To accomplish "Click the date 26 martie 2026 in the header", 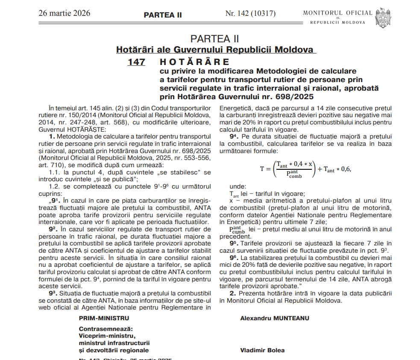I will [64, 13].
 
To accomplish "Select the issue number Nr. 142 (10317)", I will [250, 13].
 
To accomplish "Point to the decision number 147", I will [136, 62].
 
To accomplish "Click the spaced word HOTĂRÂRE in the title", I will [194, 62].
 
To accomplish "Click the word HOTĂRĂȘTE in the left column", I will [88, 129].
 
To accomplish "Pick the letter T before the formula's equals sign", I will [262, 169].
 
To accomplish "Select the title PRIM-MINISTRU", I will [104, 318].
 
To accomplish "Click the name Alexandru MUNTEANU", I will [274, 318].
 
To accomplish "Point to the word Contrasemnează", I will [106, 329].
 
